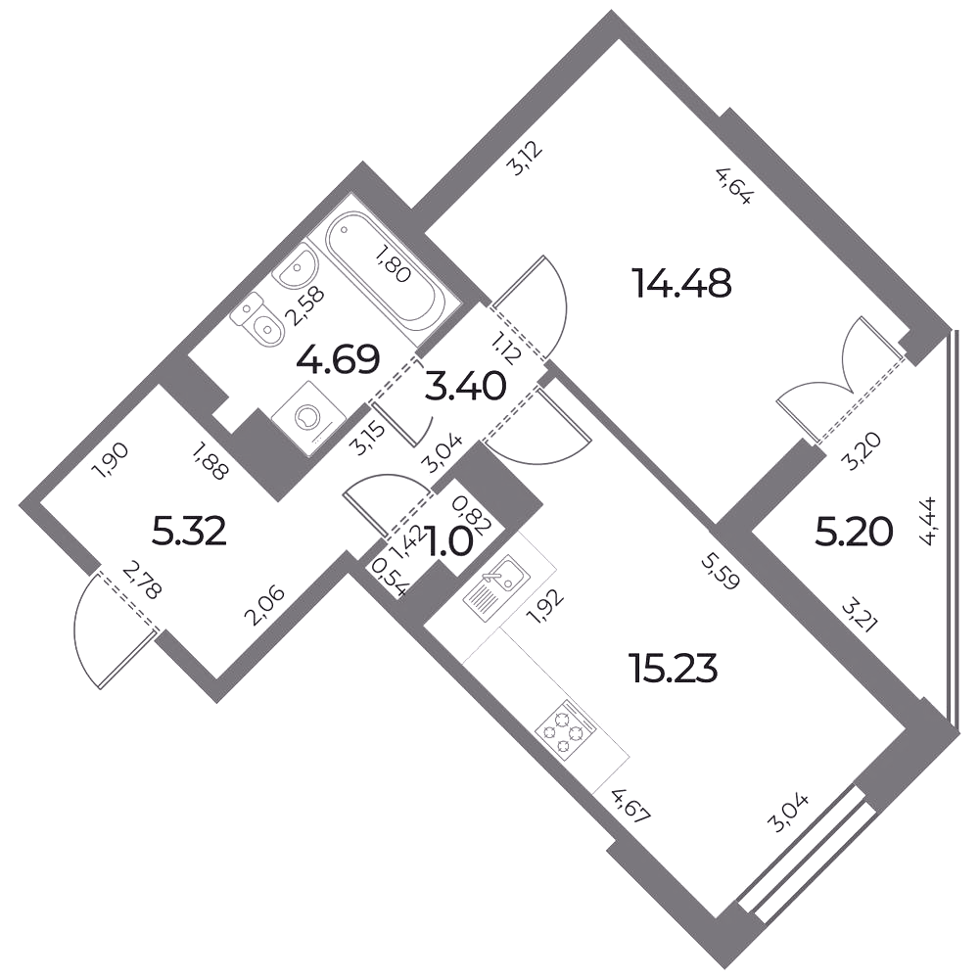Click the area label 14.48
681,283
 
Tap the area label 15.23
675,669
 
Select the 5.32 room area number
189,532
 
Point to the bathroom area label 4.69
338,359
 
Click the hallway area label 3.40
465,387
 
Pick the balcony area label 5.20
855,533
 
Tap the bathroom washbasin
296,266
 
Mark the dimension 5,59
720,572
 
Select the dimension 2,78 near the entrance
142,580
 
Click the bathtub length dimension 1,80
392,263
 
